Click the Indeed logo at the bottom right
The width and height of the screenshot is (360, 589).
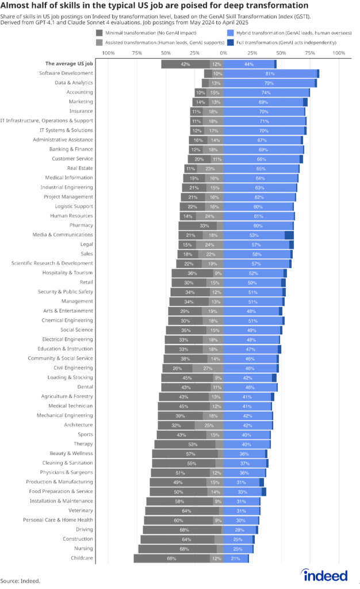point(325,575)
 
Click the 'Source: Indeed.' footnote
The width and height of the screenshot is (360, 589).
point(20,581)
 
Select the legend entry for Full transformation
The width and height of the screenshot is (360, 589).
point(281,43)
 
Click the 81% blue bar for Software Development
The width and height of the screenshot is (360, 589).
point(270,74)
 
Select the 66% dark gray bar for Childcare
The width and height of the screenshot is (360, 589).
point(171,559)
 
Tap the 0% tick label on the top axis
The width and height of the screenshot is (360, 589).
point(223,53)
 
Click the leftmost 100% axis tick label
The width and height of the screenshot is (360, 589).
point(108,53)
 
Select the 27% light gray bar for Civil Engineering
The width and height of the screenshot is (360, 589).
point(208,368)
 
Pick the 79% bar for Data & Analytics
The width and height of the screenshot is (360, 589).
point(269,83)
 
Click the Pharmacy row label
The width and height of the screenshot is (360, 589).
point(81,225)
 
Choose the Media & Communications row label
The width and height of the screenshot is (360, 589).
point(63,235)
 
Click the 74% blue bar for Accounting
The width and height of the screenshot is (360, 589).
point(266,93)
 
